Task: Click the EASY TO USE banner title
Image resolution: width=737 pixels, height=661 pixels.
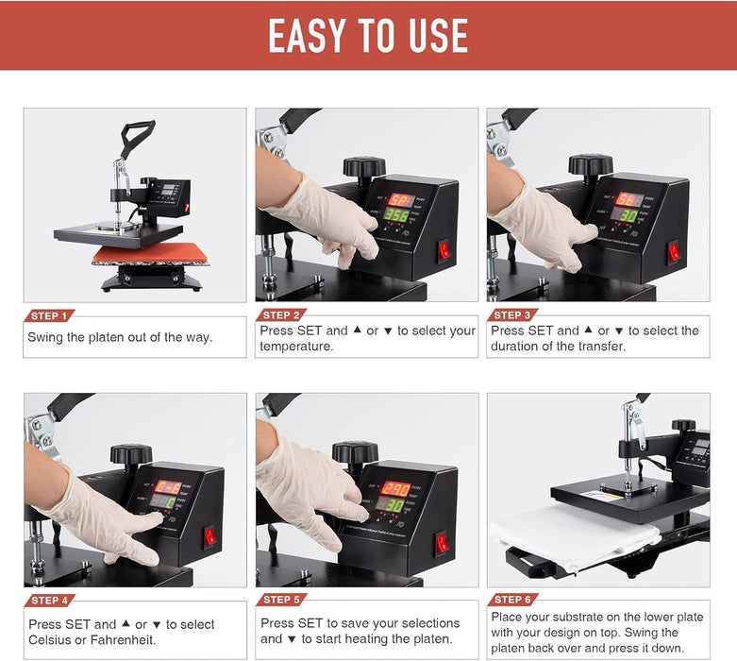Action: pos(368,36)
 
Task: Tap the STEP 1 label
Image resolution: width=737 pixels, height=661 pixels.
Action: pos(48,315)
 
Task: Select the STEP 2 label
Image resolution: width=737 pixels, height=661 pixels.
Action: pos(280,315)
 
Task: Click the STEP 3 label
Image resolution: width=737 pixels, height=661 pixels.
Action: pos(512,315)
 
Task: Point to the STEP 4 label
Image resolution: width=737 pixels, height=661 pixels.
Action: pos(48,600)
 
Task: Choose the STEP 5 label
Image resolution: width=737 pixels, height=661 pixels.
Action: pos(280,600)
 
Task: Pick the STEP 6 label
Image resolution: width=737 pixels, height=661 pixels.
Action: pos(512,600)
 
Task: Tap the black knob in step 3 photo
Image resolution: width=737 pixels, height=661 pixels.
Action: pos(590,166)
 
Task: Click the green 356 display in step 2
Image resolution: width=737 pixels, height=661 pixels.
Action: pos(397,216)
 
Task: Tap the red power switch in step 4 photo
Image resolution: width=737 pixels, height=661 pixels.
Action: pos(209,535)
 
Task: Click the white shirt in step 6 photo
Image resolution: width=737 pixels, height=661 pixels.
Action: pos(576,536)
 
